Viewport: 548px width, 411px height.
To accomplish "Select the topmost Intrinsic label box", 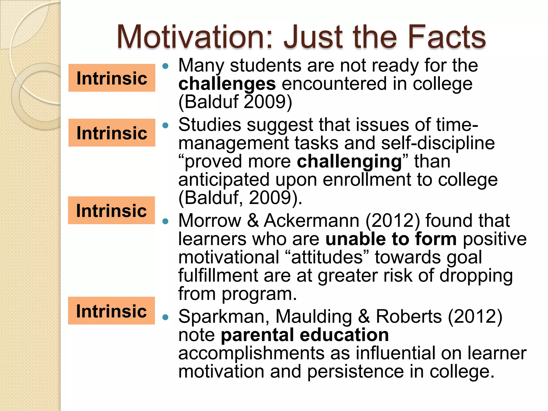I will pyautogui.click(x=112, y=78).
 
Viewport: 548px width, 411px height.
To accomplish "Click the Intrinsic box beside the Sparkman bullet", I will pyautogui.click(x=111, y=311).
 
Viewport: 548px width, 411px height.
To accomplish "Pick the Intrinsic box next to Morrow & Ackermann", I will pyautogui.click(x=111, y=210).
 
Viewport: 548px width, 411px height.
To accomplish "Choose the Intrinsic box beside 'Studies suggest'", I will pyautogui.click(x=112, y=133).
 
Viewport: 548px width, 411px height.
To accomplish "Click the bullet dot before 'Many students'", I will pyautogui.click(x=166, y=66).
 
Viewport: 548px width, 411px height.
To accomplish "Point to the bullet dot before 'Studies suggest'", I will pyautogui.click(x=166, y=125).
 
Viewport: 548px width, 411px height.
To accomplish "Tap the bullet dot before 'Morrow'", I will pyautogui.click(x=166, y=221).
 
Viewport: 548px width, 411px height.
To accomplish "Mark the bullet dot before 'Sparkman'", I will pyautogui.click(x=166, y=317).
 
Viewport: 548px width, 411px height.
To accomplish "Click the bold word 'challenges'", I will pyautogui.click(x=227, y=84).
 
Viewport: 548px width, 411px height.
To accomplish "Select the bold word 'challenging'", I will pyautogui.click(x=349, y=161).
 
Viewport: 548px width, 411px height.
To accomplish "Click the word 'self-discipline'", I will pyautogui.click(x=438, y=143).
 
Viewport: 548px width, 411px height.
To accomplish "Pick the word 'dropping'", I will pyautogui.click(x=476, y=276).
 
